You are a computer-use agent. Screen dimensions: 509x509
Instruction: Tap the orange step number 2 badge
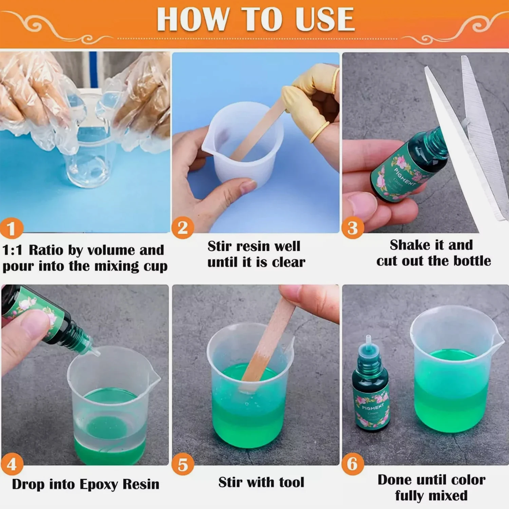pyautogui.click(x=183, y=228)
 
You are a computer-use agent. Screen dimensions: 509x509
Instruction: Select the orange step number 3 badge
pyautogui.click(x=353, y=228)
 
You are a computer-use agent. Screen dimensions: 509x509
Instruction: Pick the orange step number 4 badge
pyautogui.click(x=12, y=464)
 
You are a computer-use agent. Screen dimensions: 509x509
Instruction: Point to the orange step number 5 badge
pyautogui.click(x=183, y=465)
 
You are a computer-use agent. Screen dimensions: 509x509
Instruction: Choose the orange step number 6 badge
pyautogui.click(x=353, y=464)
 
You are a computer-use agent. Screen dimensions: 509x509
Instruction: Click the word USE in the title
pyautogui.click(x=325, y=20)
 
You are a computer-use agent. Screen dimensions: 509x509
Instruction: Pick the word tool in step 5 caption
pyautogui.click(x=291, y=482)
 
